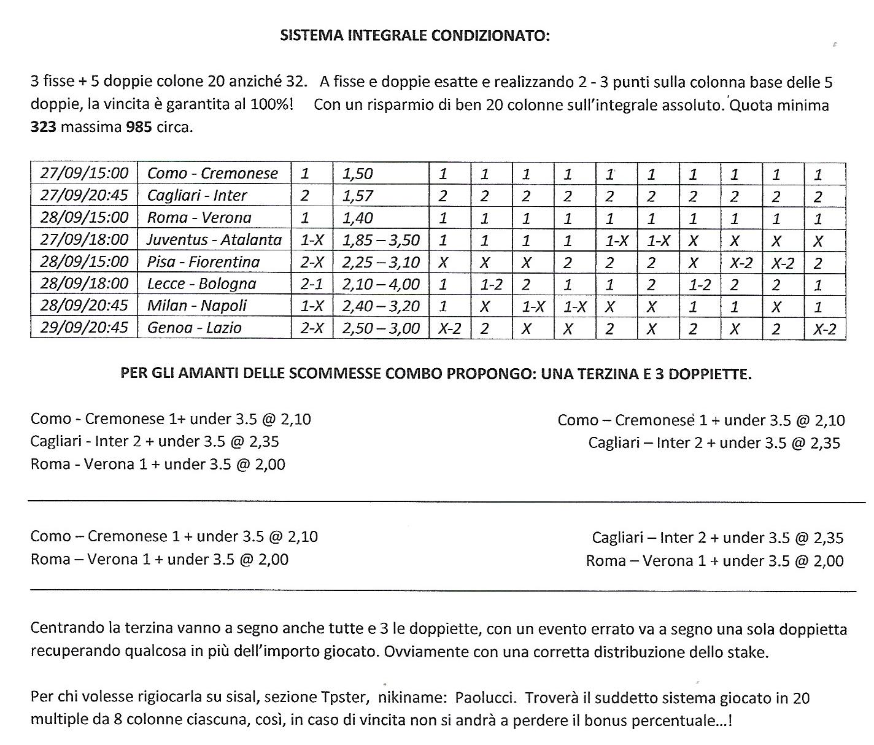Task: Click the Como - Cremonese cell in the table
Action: coord(212,173)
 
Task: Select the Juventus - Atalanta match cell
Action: coord(214,239)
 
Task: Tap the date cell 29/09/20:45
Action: coord(84,327)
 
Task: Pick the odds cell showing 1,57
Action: coord(357,195)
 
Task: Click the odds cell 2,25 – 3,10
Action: coord(381,262)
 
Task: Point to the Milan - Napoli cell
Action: coord(197,306)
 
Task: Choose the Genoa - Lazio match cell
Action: coord(195,328)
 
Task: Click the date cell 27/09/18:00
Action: coord(84,239)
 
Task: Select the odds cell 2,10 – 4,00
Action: coord(381,284)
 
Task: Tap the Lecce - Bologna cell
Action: coord(201,284)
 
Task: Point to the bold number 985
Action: coord(138,128)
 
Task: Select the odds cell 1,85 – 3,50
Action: coord(381,239)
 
